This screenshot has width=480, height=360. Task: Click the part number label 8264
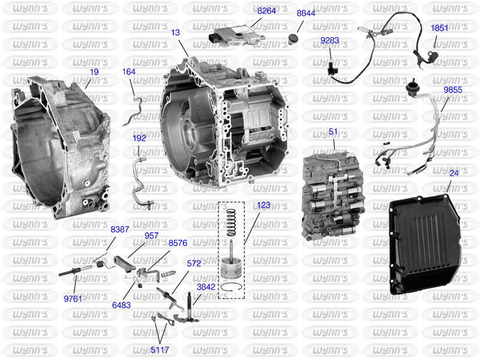point(266,11)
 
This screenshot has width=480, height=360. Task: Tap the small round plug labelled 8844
point(294,39)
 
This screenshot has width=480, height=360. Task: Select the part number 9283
point(329,40)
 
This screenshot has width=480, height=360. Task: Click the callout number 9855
point(453,90)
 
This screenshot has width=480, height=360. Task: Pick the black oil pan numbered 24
point(425,243)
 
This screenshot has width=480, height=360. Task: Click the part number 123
point(263,205)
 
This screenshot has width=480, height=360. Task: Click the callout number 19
point(94,72)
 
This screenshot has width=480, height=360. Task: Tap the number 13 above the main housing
point(175,32)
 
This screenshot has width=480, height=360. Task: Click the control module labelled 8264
point(236,35)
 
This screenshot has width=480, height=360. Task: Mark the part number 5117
point(160,350)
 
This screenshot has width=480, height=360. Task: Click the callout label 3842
point(206,287)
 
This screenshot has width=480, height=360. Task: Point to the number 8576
point(178,243)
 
